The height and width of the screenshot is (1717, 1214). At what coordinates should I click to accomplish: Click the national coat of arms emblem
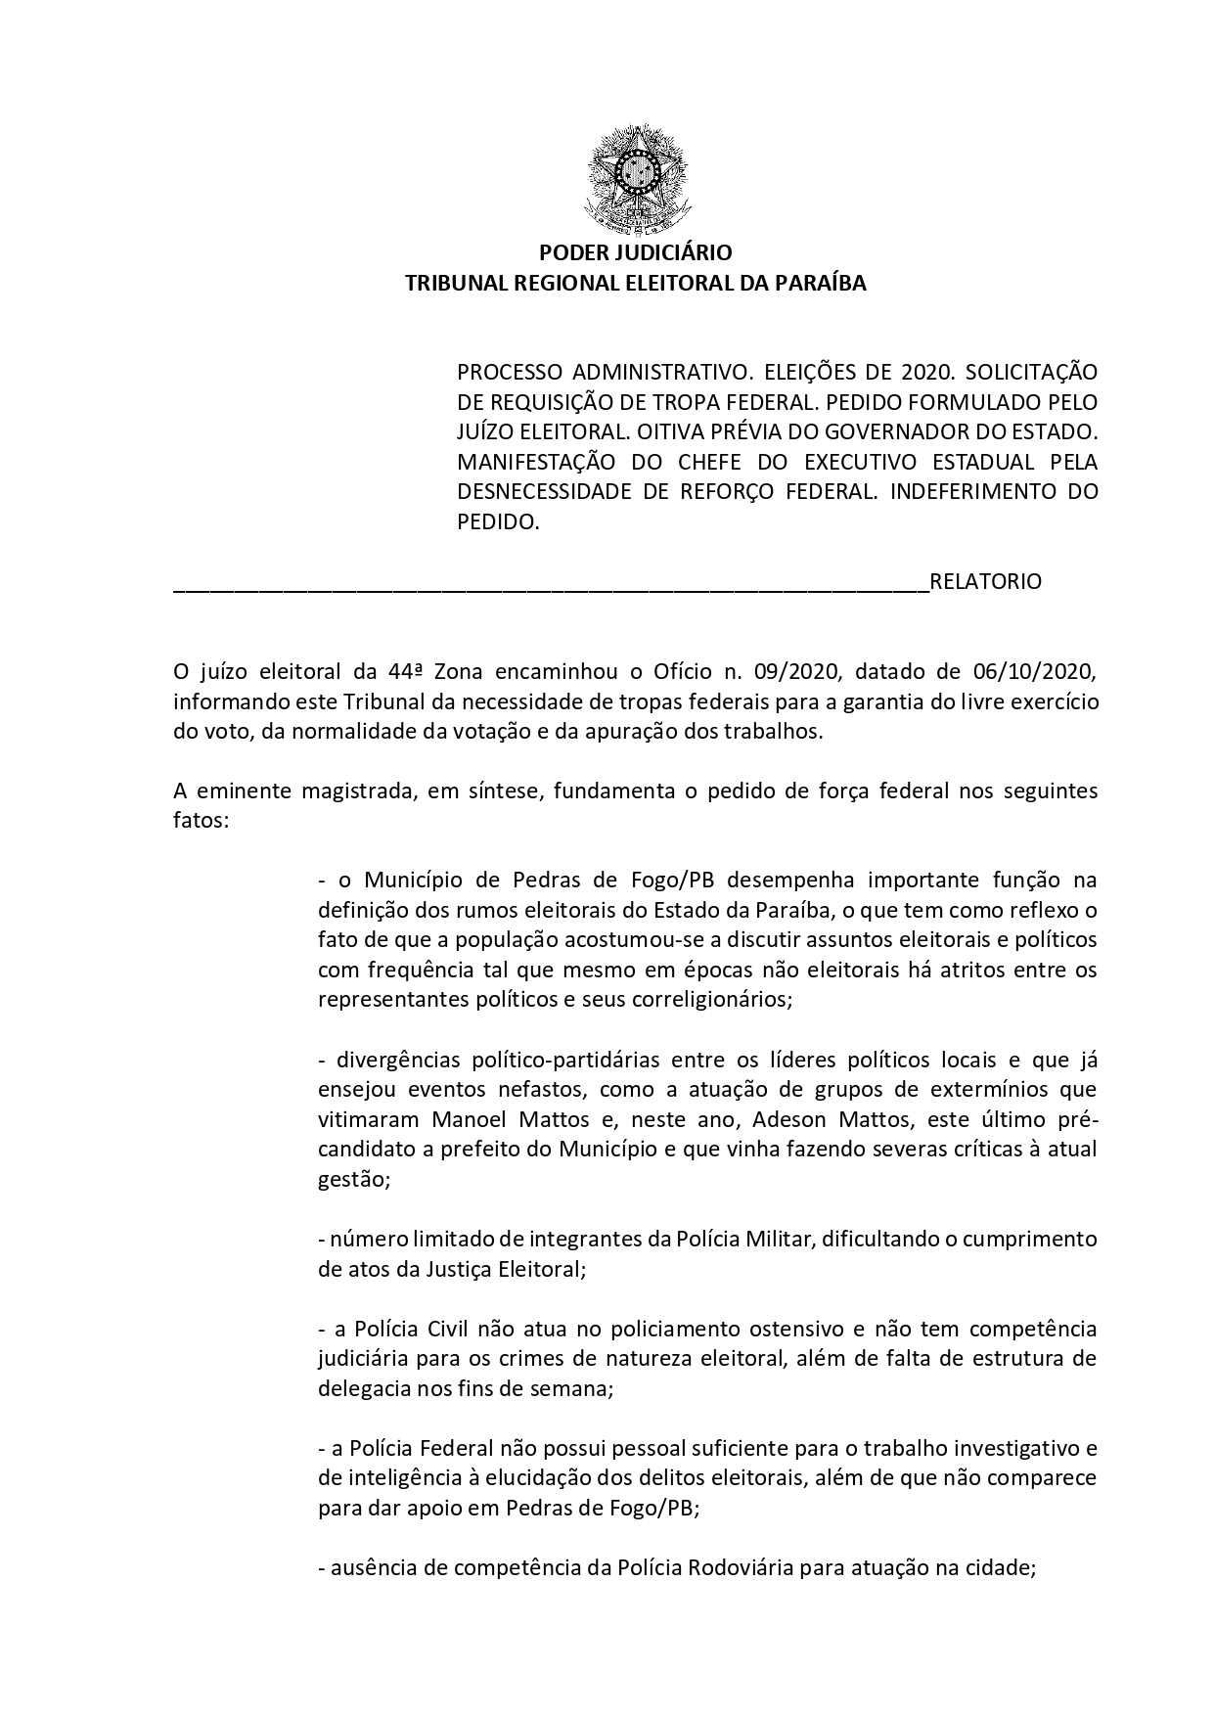[637, 180]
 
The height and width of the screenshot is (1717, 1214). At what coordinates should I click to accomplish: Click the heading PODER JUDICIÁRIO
[636, 253]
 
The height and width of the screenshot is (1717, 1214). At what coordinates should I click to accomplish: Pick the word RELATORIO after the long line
[985, 582]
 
